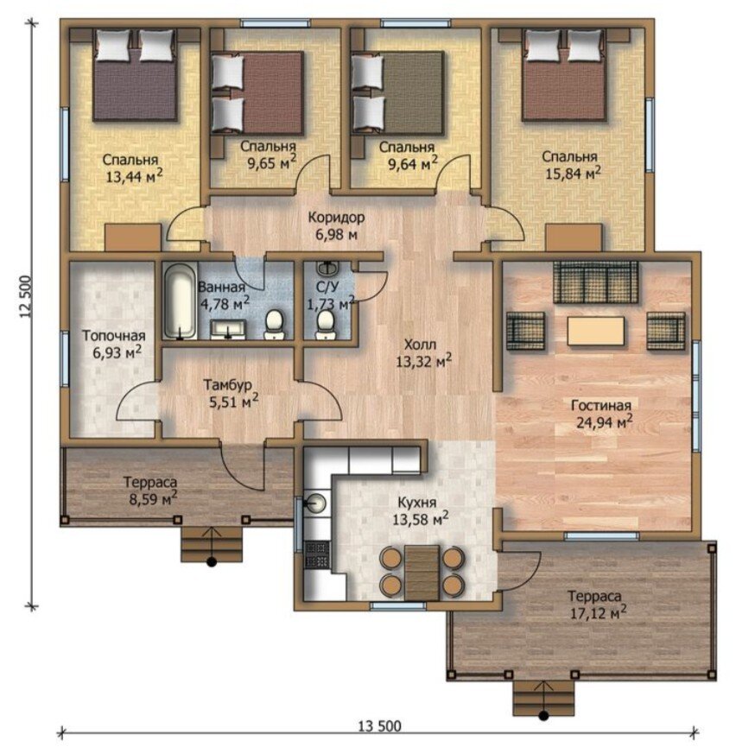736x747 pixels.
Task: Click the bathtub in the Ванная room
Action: pos(180,301)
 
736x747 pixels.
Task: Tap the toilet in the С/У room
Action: pos(326,325)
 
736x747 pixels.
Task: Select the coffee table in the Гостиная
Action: pos(595,331)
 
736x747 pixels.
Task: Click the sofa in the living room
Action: pos(595,282)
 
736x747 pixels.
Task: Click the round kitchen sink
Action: pos(315,502)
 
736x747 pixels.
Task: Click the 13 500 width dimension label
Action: pos(379,725)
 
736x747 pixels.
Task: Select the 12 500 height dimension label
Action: pos(26,297)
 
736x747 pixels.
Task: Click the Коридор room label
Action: pos(337,218)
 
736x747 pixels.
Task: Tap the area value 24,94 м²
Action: pos(605,421)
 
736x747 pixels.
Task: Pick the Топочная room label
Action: pos(113,336)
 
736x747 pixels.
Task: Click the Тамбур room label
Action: pos(227,384)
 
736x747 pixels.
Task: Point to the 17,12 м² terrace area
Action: pos(599,612)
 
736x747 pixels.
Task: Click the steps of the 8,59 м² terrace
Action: pos(213,545)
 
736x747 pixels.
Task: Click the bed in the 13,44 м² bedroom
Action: pos(136,75)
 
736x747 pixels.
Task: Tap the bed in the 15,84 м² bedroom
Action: pos(565,75)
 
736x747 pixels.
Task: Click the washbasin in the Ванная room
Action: pos(228,329)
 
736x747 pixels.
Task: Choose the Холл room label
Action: pos(420,344)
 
